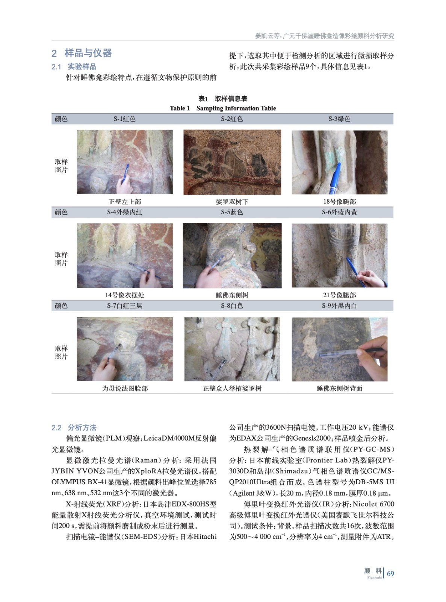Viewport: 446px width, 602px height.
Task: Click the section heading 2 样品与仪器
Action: [x=81, y=53]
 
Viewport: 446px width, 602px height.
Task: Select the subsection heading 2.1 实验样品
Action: [x=74, y=67]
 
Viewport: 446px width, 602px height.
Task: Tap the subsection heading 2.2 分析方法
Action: [x=74, y=427]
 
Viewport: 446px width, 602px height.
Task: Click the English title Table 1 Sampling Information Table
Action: [x=223, y=108]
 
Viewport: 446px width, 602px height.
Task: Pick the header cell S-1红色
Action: [x=124, y=119]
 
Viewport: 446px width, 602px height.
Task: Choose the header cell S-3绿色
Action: [x=339, y=119]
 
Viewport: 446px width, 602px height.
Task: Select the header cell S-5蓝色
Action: [x=232, y=212]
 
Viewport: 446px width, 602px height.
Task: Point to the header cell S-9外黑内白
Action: [x=339, y=306]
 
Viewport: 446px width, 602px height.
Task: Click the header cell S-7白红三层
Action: [x=124, y=306]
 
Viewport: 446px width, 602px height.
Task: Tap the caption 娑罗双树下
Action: [x=232, y=202]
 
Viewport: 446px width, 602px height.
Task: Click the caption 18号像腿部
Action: [x=339, y=202]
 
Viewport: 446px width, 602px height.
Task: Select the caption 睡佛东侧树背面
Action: [x=339, y=388]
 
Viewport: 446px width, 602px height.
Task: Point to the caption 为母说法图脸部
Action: [x=125, y=388]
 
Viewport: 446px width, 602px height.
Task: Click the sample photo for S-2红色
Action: [x=232, y=162]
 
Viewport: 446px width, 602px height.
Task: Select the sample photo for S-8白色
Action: [x=232, y=349]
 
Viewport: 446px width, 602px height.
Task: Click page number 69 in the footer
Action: [x=390, y=573]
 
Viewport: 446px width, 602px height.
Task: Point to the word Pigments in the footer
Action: [x=375, y=577]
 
